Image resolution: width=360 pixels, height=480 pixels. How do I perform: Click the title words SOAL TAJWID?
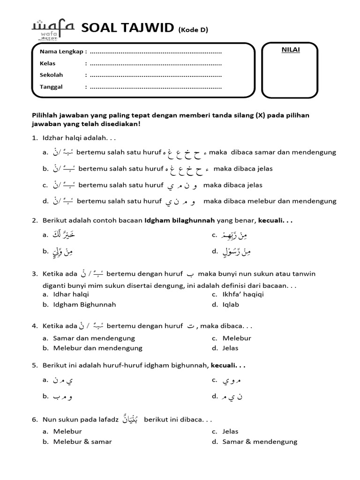pos(128,29)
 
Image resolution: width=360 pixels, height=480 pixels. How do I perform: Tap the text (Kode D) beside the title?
pos(193,30)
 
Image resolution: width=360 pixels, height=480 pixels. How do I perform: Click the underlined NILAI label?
pos(290,50)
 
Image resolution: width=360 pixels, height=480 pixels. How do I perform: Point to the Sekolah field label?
pos(51,75)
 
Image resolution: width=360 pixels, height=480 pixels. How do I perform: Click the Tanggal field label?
pos(51,87)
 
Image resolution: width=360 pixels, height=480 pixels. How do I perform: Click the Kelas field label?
pos(48,63)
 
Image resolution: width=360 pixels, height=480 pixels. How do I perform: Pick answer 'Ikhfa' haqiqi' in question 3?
pos(242,294)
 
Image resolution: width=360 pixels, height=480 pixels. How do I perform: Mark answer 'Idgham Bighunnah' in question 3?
pos(84,304)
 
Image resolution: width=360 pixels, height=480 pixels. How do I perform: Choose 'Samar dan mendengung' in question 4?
pos(94,338)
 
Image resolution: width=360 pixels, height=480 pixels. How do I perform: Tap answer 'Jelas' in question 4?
pos(230,348)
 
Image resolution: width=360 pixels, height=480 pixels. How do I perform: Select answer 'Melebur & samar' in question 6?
pos(82,442)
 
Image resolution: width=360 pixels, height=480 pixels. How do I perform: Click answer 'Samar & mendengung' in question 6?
pos(260,442)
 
